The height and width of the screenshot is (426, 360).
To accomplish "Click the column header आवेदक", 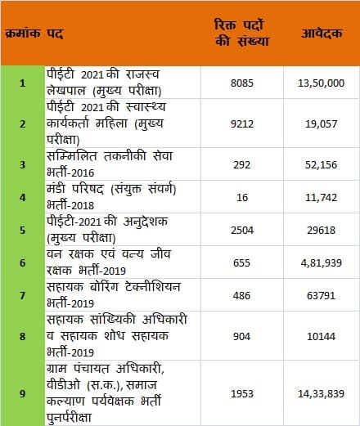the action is click(322, 34).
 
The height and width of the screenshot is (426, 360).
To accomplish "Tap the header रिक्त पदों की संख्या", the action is click(242, 33).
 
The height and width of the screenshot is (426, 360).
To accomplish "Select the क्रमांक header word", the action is click(23, 34).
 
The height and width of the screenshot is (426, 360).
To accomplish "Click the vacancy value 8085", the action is click(242, 83).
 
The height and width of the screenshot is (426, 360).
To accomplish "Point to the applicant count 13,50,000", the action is click(321, 83).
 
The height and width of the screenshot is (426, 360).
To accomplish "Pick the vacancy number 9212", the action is click(242, 124).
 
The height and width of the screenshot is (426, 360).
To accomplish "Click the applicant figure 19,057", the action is click(321, 124).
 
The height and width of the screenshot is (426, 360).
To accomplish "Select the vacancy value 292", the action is click(242, 165).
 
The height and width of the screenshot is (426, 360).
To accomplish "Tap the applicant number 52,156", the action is click(321, 165).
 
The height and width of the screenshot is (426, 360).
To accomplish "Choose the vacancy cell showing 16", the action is click(242, 197).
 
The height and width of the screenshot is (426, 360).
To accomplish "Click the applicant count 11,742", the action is click(321, 198).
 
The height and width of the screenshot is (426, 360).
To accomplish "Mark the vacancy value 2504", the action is click(242, 230).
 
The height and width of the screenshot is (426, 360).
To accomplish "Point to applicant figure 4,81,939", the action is click(321, 263).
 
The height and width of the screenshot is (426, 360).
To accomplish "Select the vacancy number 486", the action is click(242, 295).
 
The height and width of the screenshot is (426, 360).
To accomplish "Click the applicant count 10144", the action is click(321, 336).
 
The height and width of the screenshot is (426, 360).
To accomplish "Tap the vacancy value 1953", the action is click(242, 393).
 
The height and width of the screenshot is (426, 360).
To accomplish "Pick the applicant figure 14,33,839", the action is click(321, 394).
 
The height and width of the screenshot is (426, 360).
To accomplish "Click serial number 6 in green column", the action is click(23, 262).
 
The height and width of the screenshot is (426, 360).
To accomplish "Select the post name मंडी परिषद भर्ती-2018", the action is click(111, 197).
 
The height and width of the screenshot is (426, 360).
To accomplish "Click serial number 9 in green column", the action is click(23, 393).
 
